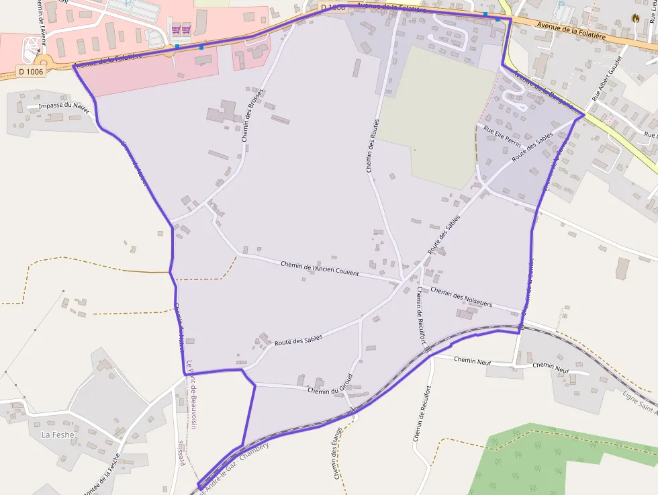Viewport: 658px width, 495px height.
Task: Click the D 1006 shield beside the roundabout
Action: click(31, 71)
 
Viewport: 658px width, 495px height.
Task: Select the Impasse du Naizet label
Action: click(64, 106)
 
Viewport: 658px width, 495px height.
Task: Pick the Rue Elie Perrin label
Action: click(502, 135)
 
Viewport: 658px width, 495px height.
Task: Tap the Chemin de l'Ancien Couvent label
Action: click(320, 269)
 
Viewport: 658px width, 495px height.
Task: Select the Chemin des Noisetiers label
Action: click(461, 298)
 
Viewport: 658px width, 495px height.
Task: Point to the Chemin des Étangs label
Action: click(338, 453)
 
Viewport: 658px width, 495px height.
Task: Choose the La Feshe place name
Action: click(58, 435)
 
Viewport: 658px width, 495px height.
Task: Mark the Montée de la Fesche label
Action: click(102, 474)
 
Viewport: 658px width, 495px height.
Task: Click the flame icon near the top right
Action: click(636, 18)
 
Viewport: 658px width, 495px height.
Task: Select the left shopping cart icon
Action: click(176, 29)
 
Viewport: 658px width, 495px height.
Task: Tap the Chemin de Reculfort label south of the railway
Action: click(419, 416)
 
